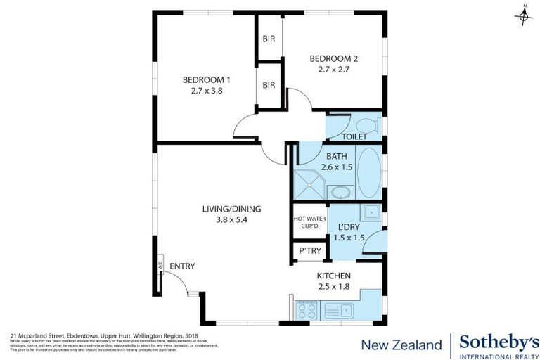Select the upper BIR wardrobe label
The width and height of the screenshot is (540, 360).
pyautogui.click(x=269, y=40)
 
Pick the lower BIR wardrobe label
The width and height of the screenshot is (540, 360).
pyautogui.click(x=269, y=84)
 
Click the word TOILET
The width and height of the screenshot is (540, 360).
pyautogui.click(x=354, y=136)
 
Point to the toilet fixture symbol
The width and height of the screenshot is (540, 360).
pyautogui.click(x=375, y=127)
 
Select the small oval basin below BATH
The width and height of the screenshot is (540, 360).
pyautogui.click(x=343, y=192)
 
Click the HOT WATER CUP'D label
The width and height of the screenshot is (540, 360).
pyautogui.click(x=309, y=222)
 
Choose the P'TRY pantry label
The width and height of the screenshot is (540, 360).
pyautogui.click(x=309, y=251)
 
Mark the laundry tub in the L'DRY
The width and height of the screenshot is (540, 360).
pyautogui.click(x=370, y=212)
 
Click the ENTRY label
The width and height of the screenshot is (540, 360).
pyautogui.click(x=182, y=266)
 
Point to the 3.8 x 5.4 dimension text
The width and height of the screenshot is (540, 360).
pyautogui.click(x=222, y=219)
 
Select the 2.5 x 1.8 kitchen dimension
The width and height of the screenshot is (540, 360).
pyautogui.click(x=335, y=286)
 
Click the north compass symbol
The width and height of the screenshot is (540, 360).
pyautogui.click(x=524, y=15)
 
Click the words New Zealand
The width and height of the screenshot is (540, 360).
pyautogui.click(x=401, y=345)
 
